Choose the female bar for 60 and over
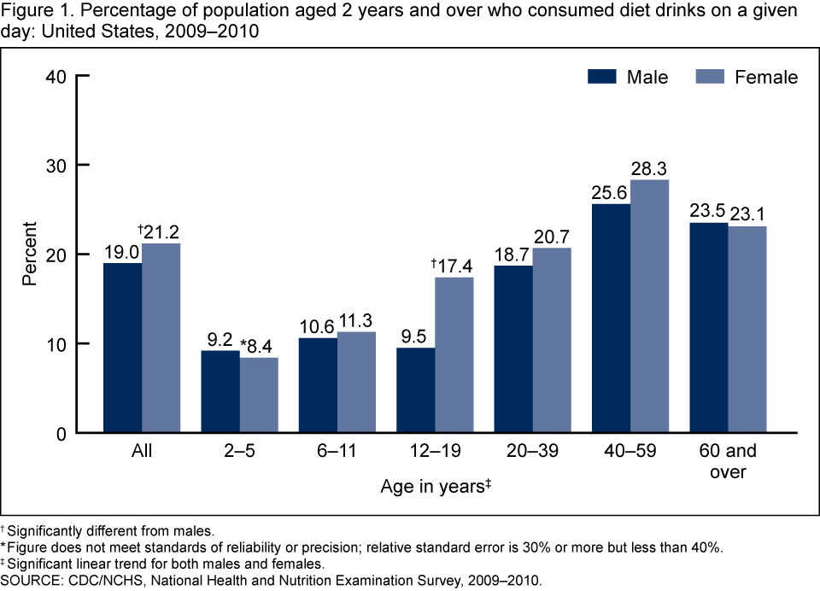747,329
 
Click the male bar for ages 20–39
512,349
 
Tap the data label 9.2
220,336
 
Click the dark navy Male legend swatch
601,77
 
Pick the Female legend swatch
711,77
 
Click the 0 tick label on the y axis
61,433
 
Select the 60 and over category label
728,460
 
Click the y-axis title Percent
30,254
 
